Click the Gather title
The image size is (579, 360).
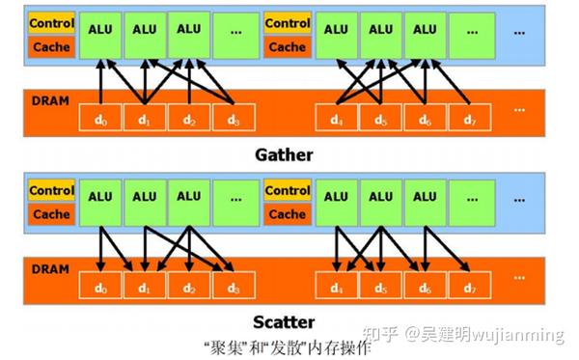[284, 153]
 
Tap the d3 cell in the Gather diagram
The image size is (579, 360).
[233, 121]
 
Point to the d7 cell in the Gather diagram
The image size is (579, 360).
[470, 121]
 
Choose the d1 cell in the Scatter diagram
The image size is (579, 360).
[144, 287]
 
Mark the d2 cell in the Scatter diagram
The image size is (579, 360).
[188, 287]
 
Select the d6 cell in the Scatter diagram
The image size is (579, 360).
[425, 287]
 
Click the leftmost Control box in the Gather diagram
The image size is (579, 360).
[49, 21]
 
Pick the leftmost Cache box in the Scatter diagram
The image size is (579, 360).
[49, 212]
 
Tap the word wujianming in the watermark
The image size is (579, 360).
[525, 336]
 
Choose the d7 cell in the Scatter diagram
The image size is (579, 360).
[470, 287]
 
